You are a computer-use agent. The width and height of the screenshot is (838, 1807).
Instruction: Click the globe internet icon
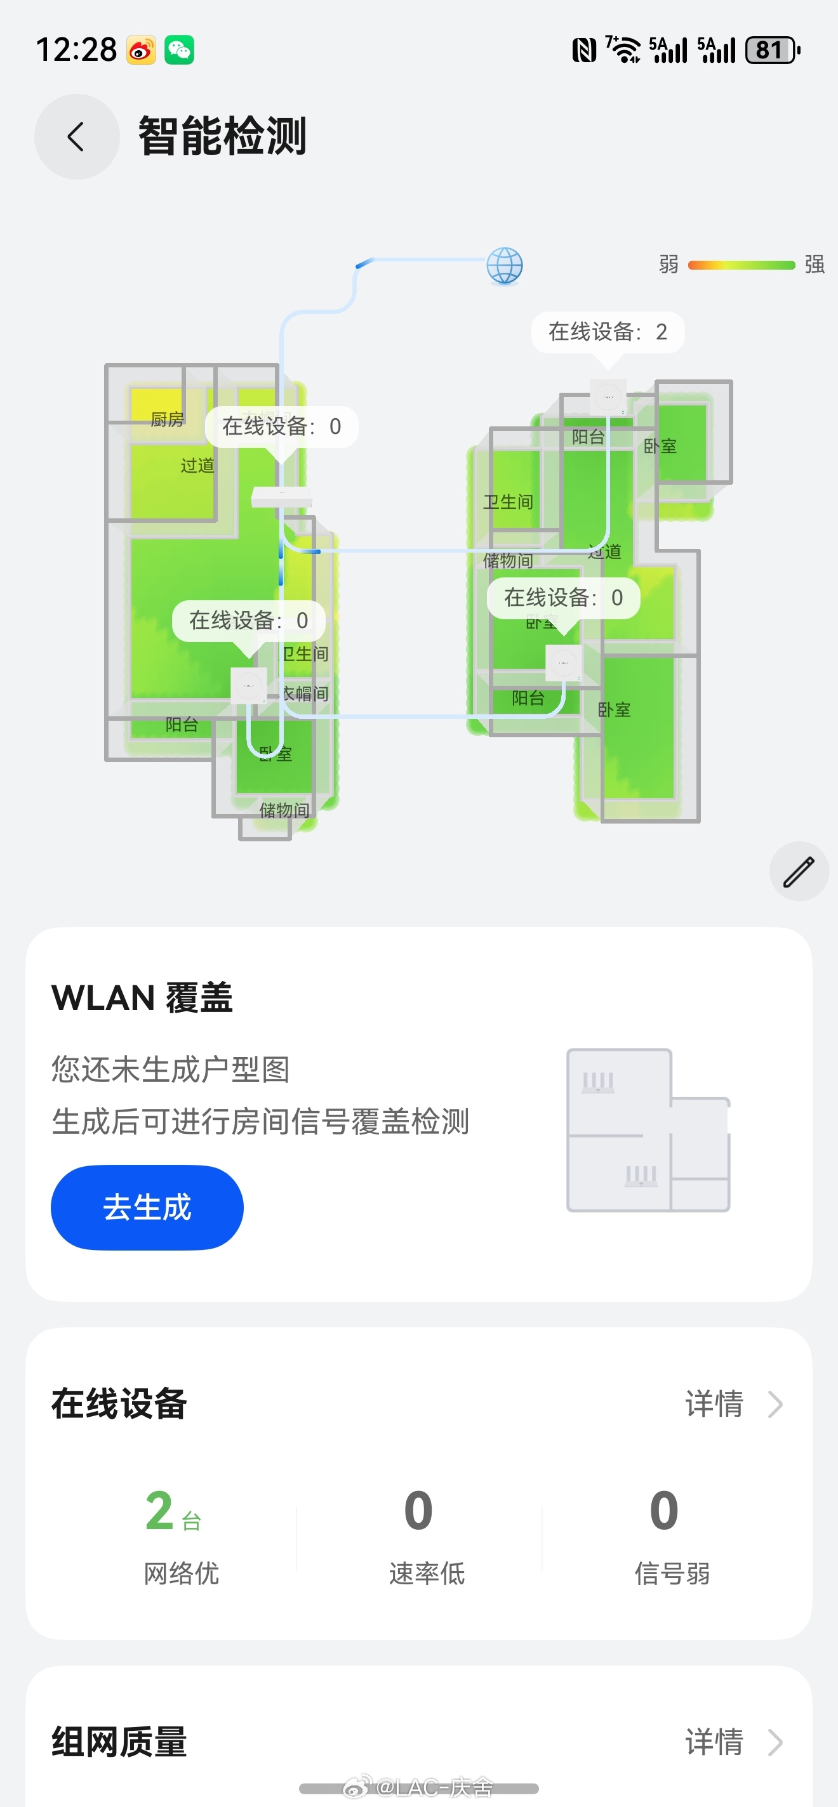point(505,266)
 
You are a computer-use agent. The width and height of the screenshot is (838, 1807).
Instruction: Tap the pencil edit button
point(799,871)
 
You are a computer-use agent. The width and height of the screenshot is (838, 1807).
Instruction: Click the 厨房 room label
point(167,419)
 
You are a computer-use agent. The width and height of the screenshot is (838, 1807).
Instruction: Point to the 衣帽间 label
point(305,693)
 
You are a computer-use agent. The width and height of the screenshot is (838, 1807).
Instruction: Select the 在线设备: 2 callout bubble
point(607,332)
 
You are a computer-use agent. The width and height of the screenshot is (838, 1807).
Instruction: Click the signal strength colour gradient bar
point(741,265)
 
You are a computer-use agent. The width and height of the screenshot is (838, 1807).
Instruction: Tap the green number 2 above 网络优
point(160,1510)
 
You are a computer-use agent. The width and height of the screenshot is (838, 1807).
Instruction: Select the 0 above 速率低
point(418,1510)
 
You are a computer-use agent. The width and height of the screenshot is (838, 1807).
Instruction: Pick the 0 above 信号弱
point(664,1510)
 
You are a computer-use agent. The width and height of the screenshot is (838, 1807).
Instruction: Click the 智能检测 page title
point(222,136)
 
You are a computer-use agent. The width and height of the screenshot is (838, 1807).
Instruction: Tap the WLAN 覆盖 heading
point(142,997)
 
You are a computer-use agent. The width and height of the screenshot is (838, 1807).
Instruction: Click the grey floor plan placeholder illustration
point(648,1130)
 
